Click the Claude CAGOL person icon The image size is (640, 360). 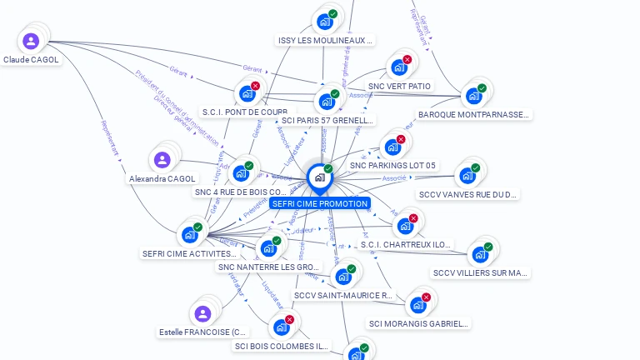pyautogui.click(x=31, y=41)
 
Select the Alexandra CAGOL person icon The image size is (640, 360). pyautogui.click(x=162, y=159)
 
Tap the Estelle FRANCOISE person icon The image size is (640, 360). pyautogui.click(x=202, y=313)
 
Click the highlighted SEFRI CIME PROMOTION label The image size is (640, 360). pyautogui.click(x=319, y=203)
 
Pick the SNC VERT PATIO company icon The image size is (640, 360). pyautogui.click(x=398, y=67)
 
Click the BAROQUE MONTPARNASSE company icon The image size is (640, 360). pyautogui.click(x=473, y=96)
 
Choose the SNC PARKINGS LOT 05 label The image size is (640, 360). pyautogui.click(x=392, y=166)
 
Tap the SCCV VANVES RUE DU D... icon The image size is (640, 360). pyautogui.click(x=467, y=176)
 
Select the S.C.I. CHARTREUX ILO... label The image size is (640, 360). pyautogui.click(x=406, y=245)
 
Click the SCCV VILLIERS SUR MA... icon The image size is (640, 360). pyautogui.click(x=479, y=254)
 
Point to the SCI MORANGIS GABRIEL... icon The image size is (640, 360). pyautogui.click(x=417, y=305)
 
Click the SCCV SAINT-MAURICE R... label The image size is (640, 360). pyautogui.click(x=342, y=295)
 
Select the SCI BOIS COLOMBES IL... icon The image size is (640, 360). pyautogui.click(x=281, y=327)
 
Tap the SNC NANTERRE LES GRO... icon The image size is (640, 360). pyautogui.click(x=267, y=248)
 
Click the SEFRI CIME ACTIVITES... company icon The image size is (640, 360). pyautogui.click(x=189, y=234)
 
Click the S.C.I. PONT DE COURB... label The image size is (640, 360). pyautogui.click(x=245, y=112)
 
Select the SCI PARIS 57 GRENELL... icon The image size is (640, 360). pyautogui.click(x=327, y=102)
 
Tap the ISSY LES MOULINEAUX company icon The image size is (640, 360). pyautogui.click(x=324, y=22)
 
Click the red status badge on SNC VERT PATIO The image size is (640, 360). pyautogui.click(x=407, y=59)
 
